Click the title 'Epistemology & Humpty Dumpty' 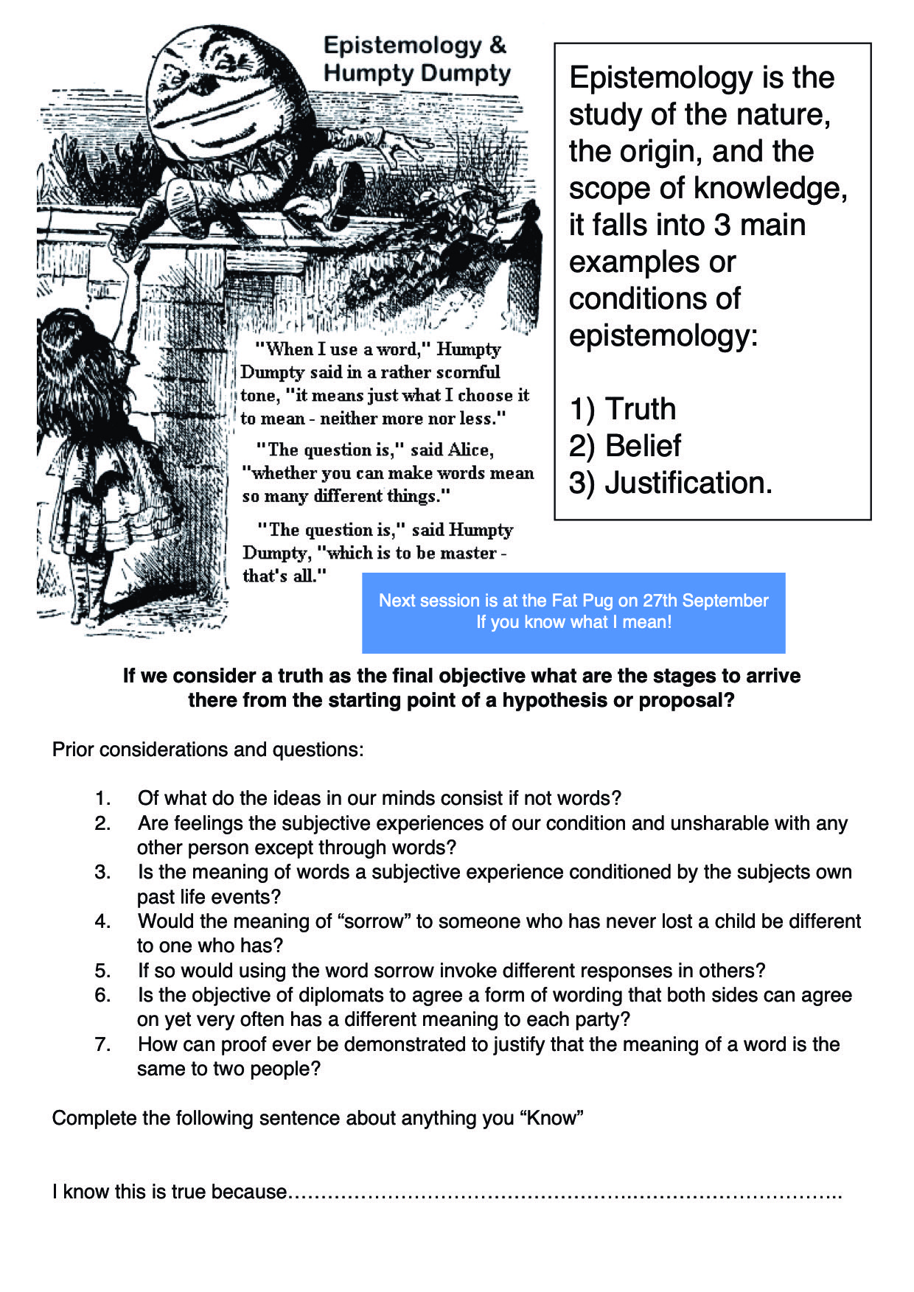click(x=416, y=59)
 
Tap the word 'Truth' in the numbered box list click(x=640, y=409)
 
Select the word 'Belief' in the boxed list click(x=643, y=446)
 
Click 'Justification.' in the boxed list click(x=688, y=483)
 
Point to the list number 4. click(x=102, y=921)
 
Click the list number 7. click(x=102, y=1044)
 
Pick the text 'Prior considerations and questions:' click(x=208, y=750)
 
